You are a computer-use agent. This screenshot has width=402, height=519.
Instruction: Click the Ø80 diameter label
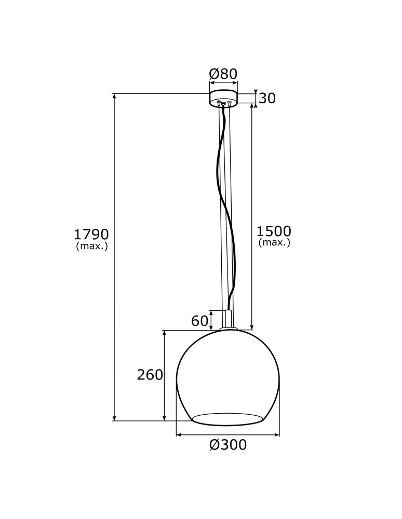tap(223, 74)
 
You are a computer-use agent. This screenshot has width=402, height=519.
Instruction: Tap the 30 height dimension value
tap(267, 98)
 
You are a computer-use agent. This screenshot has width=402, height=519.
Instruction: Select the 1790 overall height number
tap(91, 234)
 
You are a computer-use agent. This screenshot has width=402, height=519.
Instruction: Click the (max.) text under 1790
tap(92, 247)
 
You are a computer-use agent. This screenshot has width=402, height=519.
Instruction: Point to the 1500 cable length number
tap(274, 231)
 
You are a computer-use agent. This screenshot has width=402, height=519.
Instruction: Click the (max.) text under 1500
tap(274, 242)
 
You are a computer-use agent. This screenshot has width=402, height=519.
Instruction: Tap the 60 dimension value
tap(199, 321)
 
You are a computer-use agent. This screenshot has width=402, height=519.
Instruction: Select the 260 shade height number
tap(150, 375)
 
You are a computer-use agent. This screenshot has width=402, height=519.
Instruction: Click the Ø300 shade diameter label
tap(228, 445)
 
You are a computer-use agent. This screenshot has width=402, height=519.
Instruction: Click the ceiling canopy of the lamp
tap(223, 97)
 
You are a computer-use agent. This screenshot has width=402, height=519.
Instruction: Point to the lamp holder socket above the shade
tap(228, 318)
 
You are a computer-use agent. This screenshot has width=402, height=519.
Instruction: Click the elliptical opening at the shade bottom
tap(227, 418)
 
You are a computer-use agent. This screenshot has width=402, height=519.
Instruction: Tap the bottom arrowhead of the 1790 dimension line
tap(114, 418)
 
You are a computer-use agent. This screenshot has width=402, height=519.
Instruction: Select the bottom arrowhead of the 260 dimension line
tap(165, 418)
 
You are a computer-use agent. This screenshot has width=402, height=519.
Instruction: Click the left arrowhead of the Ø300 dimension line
tap(179, 435)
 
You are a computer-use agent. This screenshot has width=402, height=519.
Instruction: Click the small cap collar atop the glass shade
tap(228, 329)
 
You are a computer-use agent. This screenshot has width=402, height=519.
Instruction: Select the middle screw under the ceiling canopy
tap(224, 104)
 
